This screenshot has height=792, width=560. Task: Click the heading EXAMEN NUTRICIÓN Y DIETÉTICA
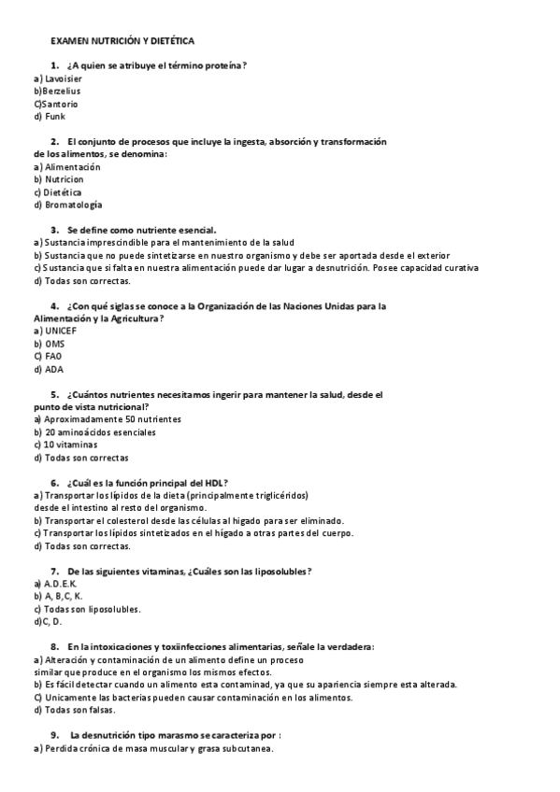click(x=122, y=42)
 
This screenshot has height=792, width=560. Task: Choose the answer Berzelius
click(x=58, y=92)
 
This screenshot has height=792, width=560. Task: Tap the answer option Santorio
click(x=57, y=104)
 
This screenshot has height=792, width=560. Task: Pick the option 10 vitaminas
click(x=70, y=445)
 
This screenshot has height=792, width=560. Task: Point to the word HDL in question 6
click(x=211, y=482)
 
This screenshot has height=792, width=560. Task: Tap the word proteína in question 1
click(x=226, y=64)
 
